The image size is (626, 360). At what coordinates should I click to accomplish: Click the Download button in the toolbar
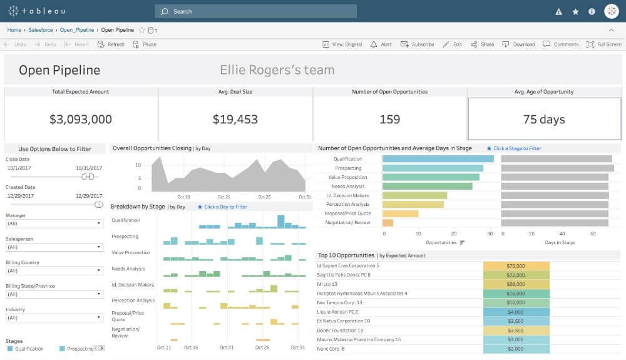519,44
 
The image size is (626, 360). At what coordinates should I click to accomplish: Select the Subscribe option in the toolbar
418,44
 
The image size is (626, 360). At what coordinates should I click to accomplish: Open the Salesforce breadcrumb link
41,29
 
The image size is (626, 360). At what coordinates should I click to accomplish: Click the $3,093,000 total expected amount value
81,119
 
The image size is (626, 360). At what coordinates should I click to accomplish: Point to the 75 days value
543,119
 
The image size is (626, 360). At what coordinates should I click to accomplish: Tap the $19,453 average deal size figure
235,119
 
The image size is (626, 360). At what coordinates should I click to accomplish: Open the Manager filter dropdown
54,224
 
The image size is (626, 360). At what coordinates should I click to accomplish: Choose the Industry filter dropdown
54,317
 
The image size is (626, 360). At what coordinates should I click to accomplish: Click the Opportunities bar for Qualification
438,159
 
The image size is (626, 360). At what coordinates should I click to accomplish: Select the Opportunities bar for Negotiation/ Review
387,222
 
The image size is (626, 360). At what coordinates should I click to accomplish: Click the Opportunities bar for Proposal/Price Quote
400,213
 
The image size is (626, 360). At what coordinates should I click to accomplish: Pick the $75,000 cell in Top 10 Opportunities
516,265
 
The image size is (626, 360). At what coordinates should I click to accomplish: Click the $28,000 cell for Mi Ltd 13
516,284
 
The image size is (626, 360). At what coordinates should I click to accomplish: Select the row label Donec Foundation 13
340,330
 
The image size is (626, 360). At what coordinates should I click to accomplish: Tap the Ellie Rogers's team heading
277,70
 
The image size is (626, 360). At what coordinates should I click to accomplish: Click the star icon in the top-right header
575,11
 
